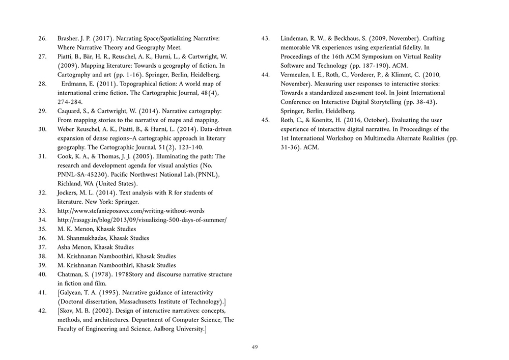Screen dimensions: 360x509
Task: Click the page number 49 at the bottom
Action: click(254, 347)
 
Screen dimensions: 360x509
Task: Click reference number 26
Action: click(43, 39)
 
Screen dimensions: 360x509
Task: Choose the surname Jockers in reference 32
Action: click(68, 192)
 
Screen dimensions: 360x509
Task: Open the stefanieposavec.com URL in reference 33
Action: click(131, 211)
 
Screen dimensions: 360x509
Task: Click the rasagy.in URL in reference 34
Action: click(142, 220)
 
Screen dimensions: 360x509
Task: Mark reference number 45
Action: click(265, 121)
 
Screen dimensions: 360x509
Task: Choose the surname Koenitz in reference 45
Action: click(332, 121)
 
